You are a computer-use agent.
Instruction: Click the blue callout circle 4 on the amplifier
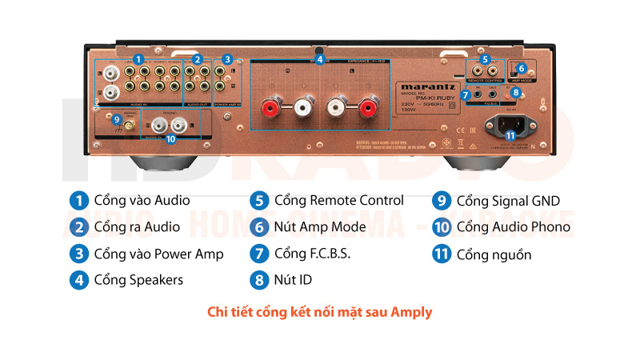[x=319, y=59]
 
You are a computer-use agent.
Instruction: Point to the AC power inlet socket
[x=512, y=123]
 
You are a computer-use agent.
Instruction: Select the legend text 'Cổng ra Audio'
[x=137, y=227]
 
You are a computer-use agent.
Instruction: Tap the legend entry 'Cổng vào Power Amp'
[x=158, y=254]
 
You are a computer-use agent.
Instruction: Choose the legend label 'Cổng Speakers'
[x=138, y=280]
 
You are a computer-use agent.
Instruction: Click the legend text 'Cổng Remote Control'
[x=338, y=200]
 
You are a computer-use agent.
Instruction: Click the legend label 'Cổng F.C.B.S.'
[x=313, y=254]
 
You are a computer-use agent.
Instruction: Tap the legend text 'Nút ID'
[x=293, y=280]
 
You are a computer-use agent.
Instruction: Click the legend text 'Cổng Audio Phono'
[x=514, y=227]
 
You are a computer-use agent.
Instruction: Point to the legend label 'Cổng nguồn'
[x=494, y=254]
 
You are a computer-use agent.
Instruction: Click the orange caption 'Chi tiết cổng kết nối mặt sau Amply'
[x=319, y=312]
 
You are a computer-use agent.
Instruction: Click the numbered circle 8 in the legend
[x=258, y=280]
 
